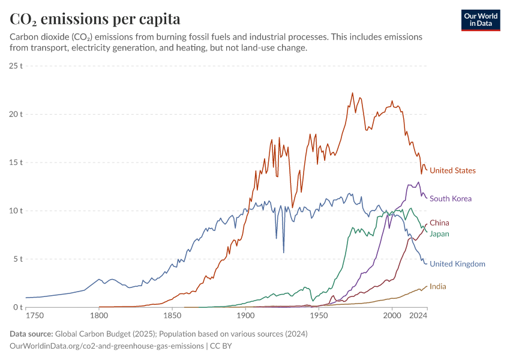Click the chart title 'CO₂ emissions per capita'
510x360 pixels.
point(95,19)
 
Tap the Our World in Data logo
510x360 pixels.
point(481,20)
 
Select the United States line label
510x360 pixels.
point(452,171)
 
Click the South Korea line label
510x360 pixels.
point(451,199)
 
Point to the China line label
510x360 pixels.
point(439,223)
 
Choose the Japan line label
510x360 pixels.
point(439,234)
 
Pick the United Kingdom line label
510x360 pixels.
point(457,264)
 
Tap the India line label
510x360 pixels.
point(437,287)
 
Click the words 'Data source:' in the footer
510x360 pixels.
point(32,334)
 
